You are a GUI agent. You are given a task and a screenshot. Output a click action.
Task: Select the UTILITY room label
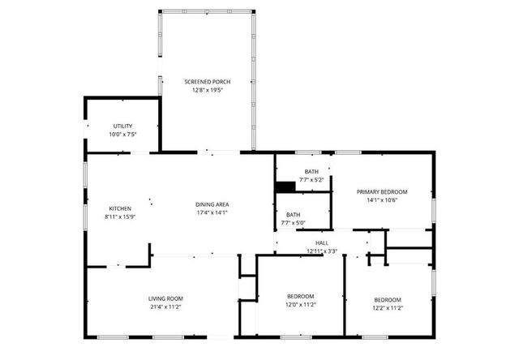pos(122,126)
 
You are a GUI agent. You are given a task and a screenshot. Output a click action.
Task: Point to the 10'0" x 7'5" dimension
pos(122,134)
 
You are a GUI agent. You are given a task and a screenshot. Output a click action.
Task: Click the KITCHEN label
pos(120,208)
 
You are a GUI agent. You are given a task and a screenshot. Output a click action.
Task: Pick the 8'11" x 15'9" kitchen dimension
pos(120,216)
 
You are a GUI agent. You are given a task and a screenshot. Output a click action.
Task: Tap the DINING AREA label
pos(212,204)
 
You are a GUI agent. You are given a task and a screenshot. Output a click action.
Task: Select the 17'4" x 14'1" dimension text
pos(212,212)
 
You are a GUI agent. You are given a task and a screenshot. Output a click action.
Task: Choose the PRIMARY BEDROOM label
pos(382,192)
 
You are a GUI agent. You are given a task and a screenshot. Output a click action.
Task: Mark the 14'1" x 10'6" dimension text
pos(382,200)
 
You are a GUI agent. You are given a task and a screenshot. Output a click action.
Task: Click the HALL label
pos(322,242)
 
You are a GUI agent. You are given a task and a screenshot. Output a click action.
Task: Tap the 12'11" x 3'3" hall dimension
pos(322,251)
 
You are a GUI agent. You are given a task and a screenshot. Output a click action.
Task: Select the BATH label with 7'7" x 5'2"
pos(311,171)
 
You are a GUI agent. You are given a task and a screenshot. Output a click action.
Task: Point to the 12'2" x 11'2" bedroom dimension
pos(388,308)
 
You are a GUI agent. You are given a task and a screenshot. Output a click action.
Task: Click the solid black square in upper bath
pos(285,186)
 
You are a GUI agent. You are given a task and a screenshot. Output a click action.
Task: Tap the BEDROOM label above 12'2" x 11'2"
pos(388,299)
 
